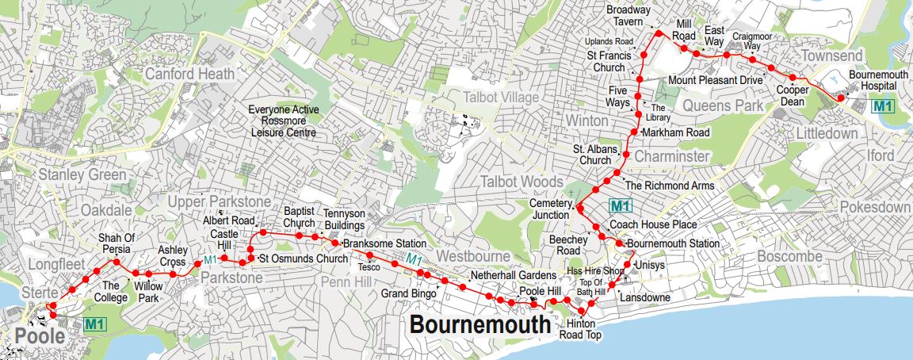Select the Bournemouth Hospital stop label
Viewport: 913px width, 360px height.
tap(877, 80)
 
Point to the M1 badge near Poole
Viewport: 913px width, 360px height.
tap(95, 324)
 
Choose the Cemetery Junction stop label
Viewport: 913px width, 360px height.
tap(549, 209)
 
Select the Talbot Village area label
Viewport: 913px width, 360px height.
tap(500, 97)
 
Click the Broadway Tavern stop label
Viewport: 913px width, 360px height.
tap(628, 15)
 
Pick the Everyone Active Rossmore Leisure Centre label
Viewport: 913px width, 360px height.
tap(283, 121)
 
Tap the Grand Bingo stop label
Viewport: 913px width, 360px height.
tap(405, 293)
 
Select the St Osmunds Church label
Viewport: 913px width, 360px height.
tap(304, 259)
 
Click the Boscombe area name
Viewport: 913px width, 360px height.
tap(789, 257)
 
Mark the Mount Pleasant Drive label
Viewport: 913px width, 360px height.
tap(715, 80)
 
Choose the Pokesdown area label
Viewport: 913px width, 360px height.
tap(875, 207)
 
